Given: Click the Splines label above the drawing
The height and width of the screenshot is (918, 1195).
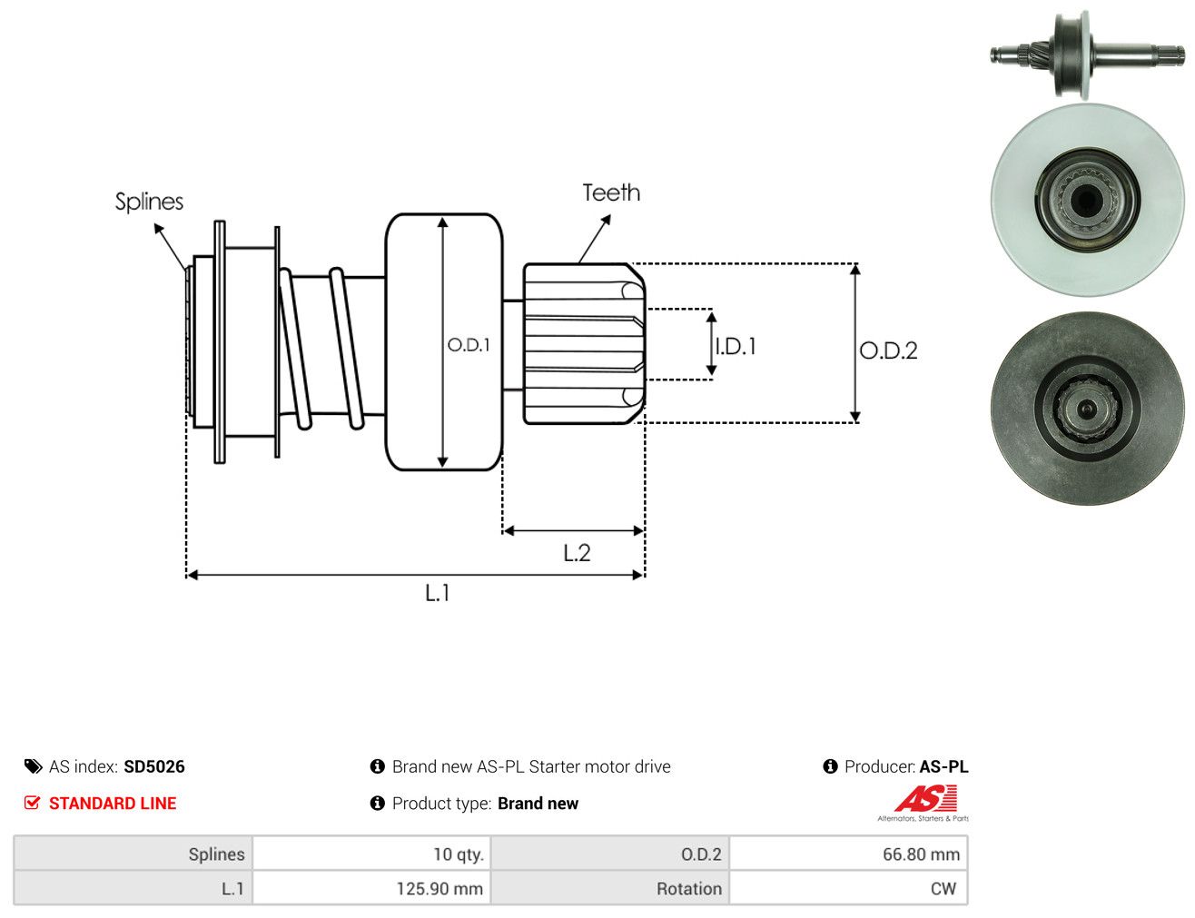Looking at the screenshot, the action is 149,202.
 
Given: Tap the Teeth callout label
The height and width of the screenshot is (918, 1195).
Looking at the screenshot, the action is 611,192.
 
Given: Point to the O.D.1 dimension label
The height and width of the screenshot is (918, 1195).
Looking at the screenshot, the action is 468,345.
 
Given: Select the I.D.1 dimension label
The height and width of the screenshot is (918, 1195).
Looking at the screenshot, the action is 736,346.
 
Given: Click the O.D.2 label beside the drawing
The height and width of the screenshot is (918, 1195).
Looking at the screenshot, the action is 887,350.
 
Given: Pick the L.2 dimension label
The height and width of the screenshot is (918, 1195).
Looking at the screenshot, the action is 577,552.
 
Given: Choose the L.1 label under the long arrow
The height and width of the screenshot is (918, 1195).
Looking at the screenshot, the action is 437,593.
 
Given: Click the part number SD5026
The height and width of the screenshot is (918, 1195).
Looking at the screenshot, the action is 154,766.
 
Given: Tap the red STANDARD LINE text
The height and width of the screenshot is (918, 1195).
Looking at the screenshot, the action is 113,803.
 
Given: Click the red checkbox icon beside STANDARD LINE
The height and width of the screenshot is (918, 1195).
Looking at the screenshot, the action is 32,803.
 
